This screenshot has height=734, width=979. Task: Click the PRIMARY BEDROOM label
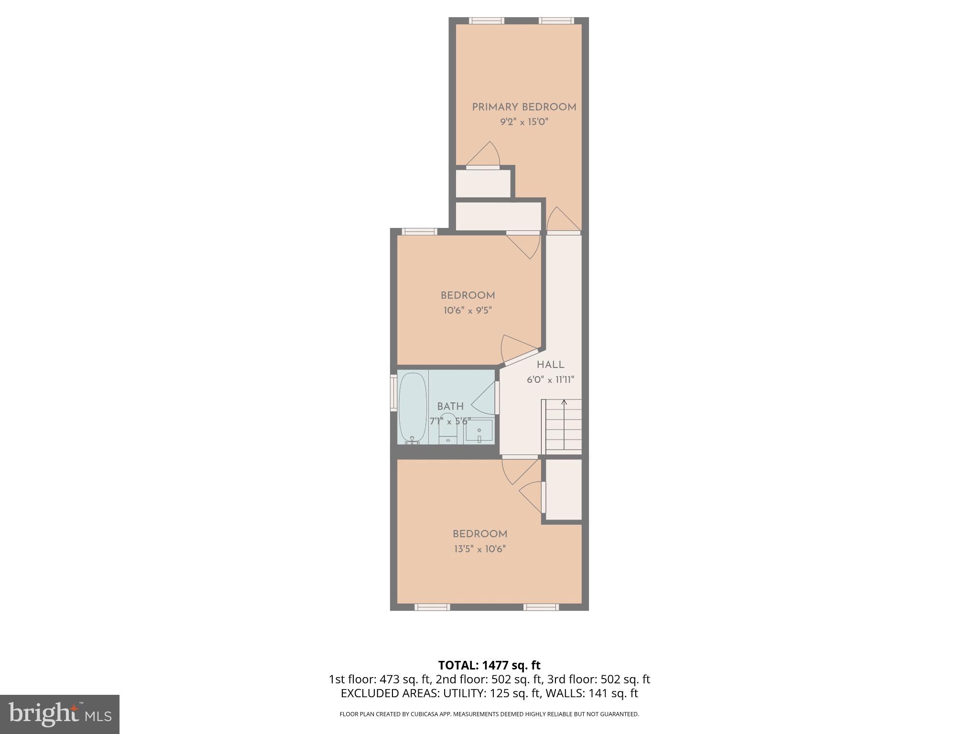click(524, 107)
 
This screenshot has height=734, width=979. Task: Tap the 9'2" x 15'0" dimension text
click(524, 122)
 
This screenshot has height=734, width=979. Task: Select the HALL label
click(550, 365)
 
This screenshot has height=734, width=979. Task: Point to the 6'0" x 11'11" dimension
click(550, 380)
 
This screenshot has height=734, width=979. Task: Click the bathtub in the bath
click(413, 408)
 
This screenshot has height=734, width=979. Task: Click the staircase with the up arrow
click(564, 426)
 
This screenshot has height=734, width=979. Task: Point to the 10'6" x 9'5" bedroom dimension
click(468, 311)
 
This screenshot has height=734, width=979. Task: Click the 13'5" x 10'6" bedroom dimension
click(479, 549)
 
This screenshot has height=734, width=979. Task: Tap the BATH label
click(450, 407)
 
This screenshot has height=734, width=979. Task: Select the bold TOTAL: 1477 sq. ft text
click(489, 665)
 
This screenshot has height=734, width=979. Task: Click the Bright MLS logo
click(60, 714)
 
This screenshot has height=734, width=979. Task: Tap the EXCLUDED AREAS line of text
click(489, 693)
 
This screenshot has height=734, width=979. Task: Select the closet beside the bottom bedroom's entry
click(564, 489)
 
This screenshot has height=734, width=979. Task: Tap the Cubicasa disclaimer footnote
click(489, 714)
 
